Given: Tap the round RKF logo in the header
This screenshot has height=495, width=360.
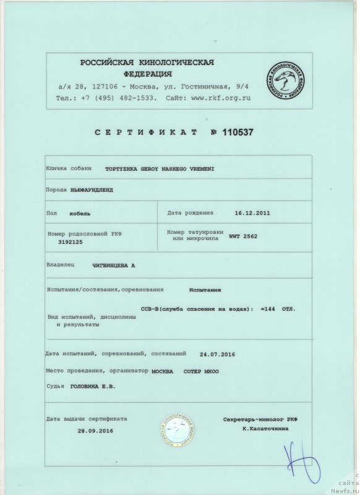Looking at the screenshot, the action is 284,82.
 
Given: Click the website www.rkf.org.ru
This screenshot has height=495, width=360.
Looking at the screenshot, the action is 221,98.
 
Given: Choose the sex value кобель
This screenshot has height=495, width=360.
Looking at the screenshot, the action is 80,213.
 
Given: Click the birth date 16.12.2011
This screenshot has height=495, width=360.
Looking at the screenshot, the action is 252,212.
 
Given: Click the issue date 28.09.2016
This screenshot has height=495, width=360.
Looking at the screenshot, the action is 95,430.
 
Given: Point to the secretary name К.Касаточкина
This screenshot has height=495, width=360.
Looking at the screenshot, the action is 267,429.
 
